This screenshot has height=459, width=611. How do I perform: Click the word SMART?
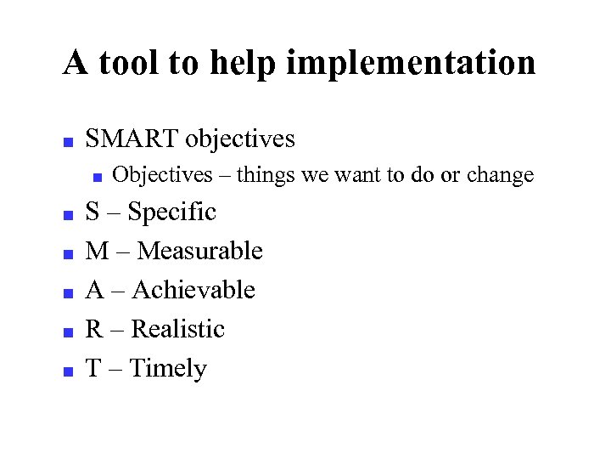132,139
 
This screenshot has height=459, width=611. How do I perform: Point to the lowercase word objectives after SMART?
240,139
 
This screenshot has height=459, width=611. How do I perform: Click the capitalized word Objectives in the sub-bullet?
162,175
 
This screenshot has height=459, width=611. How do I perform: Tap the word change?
500,175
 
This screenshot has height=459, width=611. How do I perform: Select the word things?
266,175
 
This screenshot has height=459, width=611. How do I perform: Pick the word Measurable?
199,251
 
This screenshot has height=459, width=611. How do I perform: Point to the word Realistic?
178,329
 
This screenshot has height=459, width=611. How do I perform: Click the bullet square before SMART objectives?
68,141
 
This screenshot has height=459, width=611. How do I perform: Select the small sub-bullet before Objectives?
97,178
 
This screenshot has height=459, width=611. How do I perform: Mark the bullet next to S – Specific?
68,214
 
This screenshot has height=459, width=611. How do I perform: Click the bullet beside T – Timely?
68,371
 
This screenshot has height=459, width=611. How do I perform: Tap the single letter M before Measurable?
97,251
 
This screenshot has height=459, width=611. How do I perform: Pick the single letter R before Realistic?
94,329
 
